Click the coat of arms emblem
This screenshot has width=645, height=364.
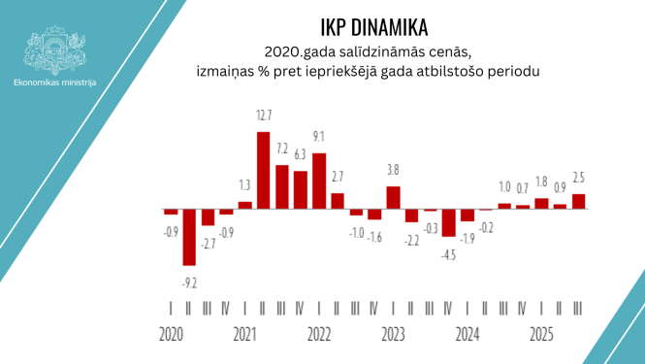55,48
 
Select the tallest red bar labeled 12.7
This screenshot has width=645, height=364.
263,170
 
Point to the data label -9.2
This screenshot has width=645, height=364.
189,283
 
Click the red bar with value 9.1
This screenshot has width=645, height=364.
319,181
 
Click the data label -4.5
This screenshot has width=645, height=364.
448,254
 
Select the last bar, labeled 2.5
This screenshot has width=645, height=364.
578,201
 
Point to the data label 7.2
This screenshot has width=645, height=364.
282,149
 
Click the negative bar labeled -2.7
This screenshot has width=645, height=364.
208,217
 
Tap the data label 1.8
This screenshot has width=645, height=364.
541,182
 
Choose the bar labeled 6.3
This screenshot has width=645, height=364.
301,189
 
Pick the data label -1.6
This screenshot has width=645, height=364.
374,238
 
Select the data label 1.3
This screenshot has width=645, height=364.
244,185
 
